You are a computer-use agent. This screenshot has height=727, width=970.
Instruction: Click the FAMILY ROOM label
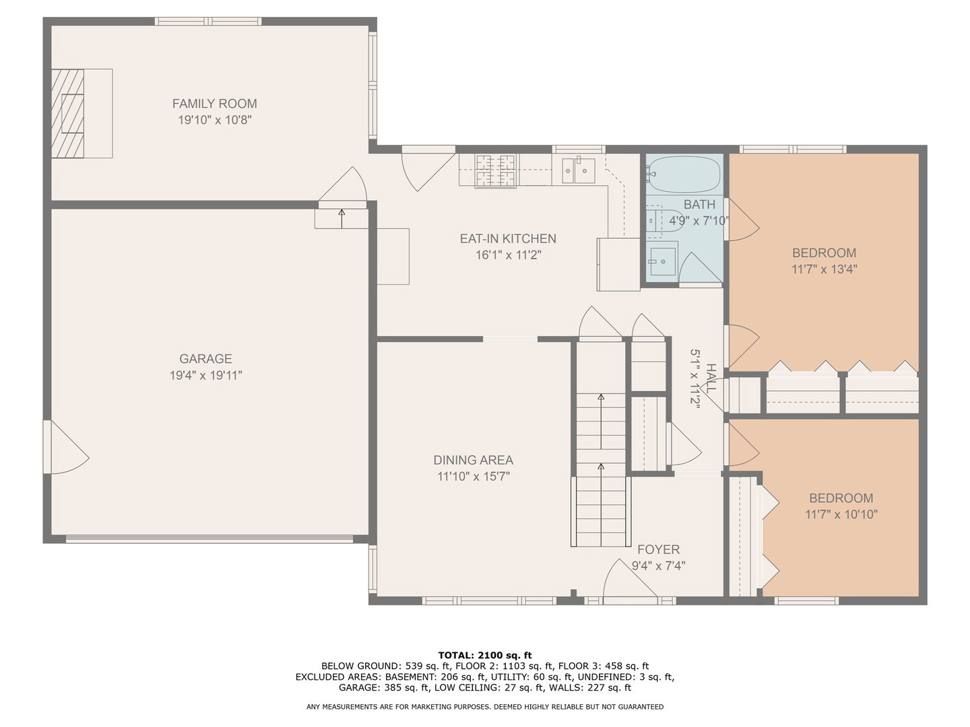[x=214, y=104]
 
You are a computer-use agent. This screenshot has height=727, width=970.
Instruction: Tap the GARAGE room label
[x=205, y=358]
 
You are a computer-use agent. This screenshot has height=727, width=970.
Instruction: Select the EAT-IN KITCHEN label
[x=508, y=239]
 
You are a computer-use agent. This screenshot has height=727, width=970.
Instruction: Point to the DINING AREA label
[x=474, y=460]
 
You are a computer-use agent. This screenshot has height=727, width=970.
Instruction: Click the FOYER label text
[x=658, y=549]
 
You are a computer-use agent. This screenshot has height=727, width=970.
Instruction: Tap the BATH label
[x=699, y=205]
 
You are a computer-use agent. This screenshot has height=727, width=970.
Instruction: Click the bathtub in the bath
[x=684, y=174]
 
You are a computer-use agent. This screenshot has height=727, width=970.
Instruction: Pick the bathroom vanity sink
[x=663, y=262]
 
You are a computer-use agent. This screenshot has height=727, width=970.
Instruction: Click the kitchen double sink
[x=579, y=170]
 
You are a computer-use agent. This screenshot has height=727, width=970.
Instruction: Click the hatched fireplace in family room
[x=67, y=114]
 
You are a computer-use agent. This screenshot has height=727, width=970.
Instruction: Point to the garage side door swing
[x=66, y=447]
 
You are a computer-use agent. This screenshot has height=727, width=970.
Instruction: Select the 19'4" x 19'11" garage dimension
[x=206, y=375]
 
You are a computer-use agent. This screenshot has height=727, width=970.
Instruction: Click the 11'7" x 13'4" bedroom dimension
[x=825, y=269]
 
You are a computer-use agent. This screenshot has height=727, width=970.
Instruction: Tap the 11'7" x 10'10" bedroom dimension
[x=841, y=514]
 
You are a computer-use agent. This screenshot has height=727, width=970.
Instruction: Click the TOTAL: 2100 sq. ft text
[x=485, y=655]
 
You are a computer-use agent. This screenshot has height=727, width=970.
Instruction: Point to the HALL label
[x=711, y=378]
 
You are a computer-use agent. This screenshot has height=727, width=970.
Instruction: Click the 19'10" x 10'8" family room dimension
[x=215, y=120]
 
